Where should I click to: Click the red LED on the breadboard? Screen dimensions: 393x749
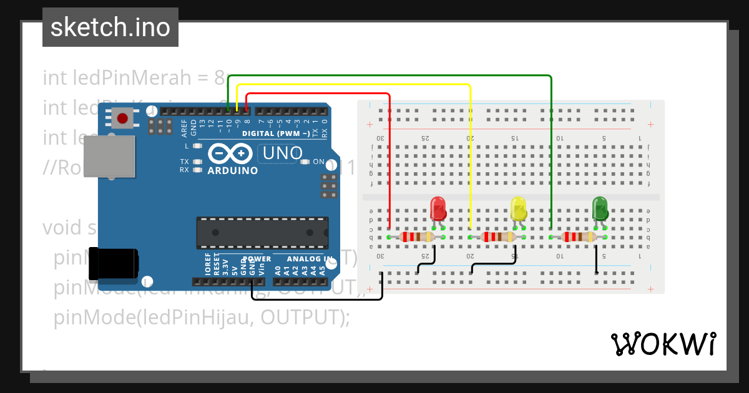(x=438, y=208)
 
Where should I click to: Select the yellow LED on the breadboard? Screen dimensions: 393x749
(x=518, y=208)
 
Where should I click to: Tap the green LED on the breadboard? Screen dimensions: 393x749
(x=600, y=208)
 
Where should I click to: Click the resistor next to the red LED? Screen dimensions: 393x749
(x=416, y=237)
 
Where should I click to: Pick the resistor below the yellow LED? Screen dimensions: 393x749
(x=497, y=237)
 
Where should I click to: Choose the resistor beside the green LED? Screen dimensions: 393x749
(x=579, y=237)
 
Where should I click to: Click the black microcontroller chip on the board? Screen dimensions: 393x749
(x=262, y=232)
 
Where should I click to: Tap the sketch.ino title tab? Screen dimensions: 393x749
(x=110, y=27)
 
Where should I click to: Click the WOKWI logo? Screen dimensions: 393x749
(x=663, y=344)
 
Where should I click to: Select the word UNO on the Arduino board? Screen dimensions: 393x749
(x=283, y=153)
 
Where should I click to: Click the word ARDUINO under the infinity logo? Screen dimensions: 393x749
(x=232, y=171)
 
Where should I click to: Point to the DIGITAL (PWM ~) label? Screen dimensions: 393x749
(x=276, y=134)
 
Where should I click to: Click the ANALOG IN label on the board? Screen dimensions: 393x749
(x=310, y=258)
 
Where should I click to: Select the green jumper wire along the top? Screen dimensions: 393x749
(x=387, y=76)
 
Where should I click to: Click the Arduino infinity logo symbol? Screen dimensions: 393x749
(x=230, y=153)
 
